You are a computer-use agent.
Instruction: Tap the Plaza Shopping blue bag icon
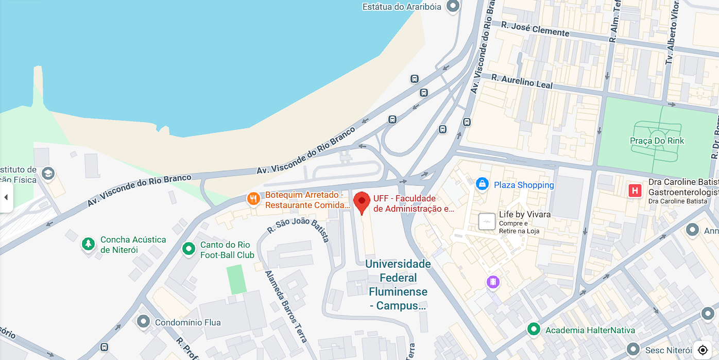coord(482,184)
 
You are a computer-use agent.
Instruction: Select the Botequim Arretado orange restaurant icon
coord(253,199)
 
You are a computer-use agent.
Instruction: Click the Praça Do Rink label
coord(657,141)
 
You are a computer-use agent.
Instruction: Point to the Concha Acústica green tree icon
coord(89,244)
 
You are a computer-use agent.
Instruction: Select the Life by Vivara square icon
coord(487,221)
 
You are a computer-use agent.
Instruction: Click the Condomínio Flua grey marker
coord(143,322)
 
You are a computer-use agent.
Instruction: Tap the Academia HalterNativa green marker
coord(534,329)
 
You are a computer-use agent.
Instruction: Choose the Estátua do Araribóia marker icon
coord(453,7)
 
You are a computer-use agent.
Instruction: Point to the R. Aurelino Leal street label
coord(522,81)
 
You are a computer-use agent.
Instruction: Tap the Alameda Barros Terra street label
coord(286,306)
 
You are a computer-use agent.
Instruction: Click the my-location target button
coord(703,350)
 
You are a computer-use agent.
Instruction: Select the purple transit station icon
coord(493,282)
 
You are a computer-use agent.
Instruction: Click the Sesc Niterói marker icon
coord(633,350)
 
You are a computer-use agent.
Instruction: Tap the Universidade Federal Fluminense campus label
coord(398,285)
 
